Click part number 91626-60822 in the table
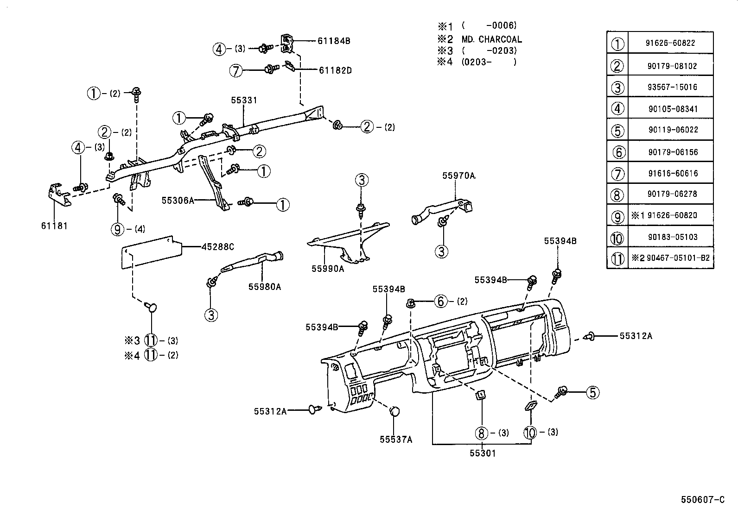pos(670,43)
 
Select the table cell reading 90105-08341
pos(670,109)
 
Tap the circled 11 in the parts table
pos(617,258)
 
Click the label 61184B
pos(334,41)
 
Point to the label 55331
pos(244,100)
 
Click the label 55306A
pos(177,200)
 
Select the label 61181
pos(54,226)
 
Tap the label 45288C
pos(217,247)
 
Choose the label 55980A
pos(264,287)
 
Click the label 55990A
pos(327,268)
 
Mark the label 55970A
pos(458,176)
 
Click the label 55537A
pos(395,440)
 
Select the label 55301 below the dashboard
pos(482,453)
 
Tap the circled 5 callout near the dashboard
pos(592,393)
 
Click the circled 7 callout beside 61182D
pos(236,70)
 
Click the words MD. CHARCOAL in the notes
pos(491,39)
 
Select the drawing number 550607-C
pos(702,500)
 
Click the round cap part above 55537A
pos(394,411)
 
